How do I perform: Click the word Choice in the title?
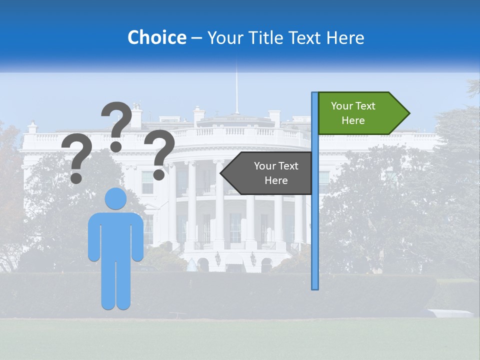pos(156,38)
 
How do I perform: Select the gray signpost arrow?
pos(270,173)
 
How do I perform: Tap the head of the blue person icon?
pos(115,198)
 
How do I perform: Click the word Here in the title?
pos(345,38)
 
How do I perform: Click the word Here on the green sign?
pos(353,120)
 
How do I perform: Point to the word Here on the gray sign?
pos(276,180)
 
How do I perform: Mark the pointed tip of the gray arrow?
pos(222,173)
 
